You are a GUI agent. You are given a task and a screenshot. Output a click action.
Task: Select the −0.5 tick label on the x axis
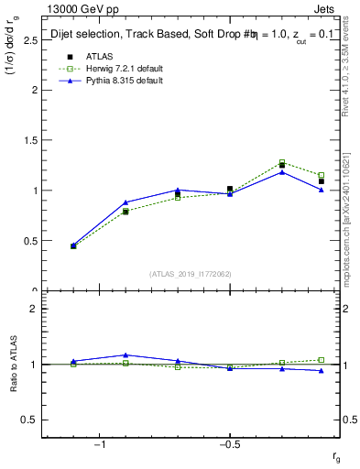point(228,445)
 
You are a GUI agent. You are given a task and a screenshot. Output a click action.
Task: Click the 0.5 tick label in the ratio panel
point(30,420)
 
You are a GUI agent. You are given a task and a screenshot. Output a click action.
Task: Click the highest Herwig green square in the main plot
point(282,162)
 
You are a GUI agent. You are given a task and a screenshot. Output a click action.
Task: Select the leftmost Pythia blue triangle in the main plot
point(73,245)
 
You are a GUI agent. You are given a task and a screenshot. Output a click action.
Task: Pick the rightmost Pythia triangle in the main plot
point(322,190)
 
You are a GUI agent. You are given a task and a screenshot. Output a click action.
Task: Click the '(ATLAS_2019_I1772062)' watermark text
point(191,273)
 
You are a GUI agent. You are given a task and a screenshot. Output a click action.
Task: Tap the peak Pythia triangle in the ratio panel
point(125,354)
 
